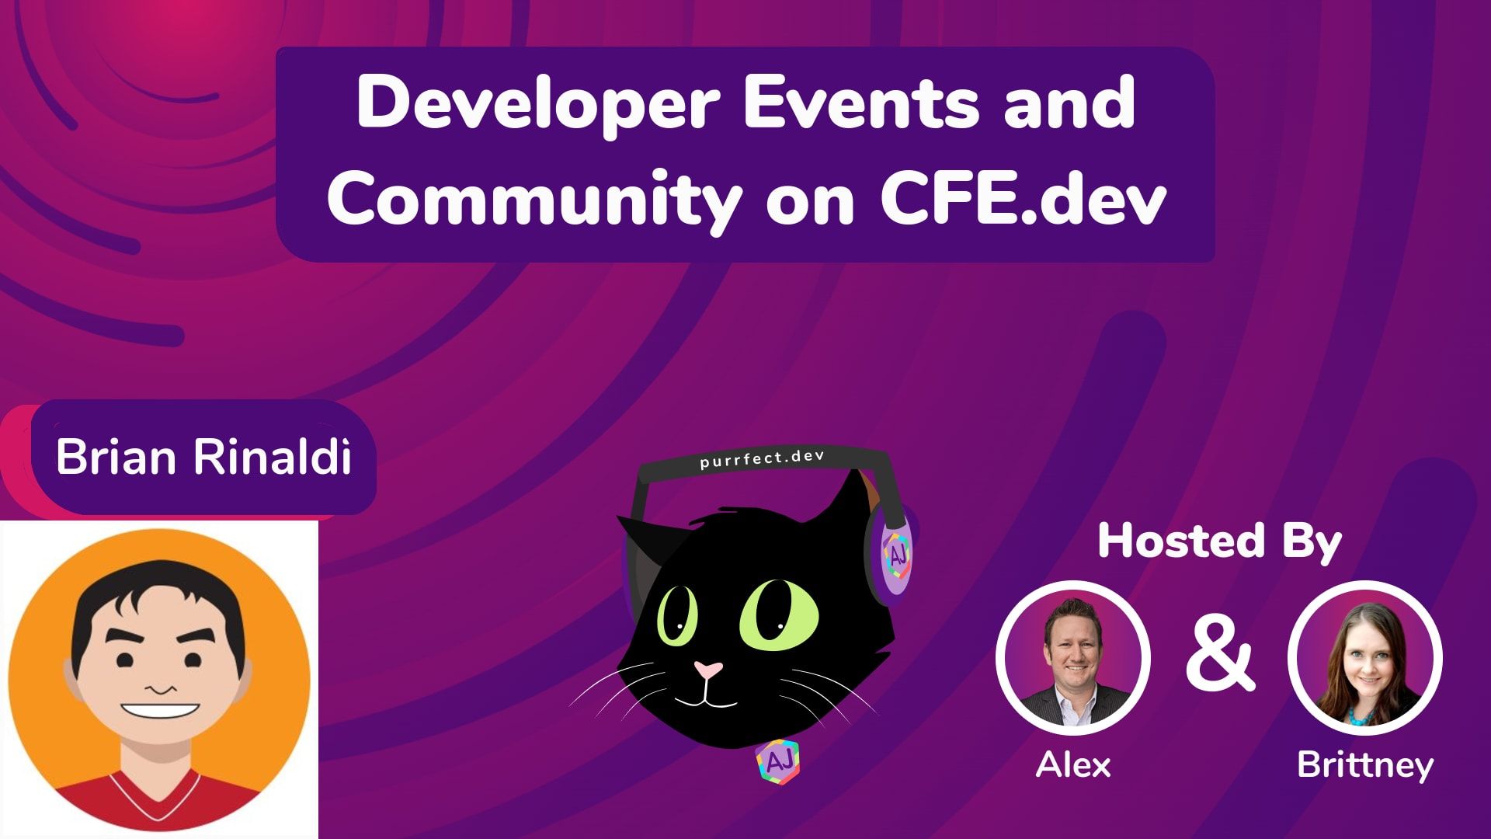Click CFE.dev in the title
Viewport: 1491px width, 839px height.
tap(1023, 198)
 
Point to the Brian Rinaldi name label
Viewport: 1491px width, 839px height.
tap(203, 457)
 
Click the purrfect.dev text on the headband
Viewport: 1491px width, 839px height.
tap(762, 458)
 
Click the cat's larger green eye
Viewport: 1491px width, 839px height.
tap(778, 614)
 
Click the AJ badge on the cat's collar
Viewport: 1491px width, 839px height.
tap(778, 762)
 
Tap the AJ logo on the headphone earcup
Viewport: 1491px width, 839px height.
tap(897, 555)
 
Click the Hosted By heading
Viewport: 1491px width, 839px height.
tap(1219, 541)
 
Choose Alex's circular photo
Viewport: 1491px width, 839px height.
tap(1072, 657)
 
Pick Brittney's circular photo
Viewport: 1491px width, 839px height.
tap(1364, 657)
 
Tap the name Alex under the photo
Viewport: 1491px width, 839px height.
tap(1072, 765)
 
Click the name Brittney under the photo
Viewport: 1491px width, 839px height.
tap(1364, 765)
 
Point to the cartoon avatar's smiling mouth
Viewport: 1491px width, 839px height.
tap(160, 710)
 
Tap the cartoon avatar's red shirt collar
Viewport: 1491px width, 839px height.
tap(159, 800)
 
